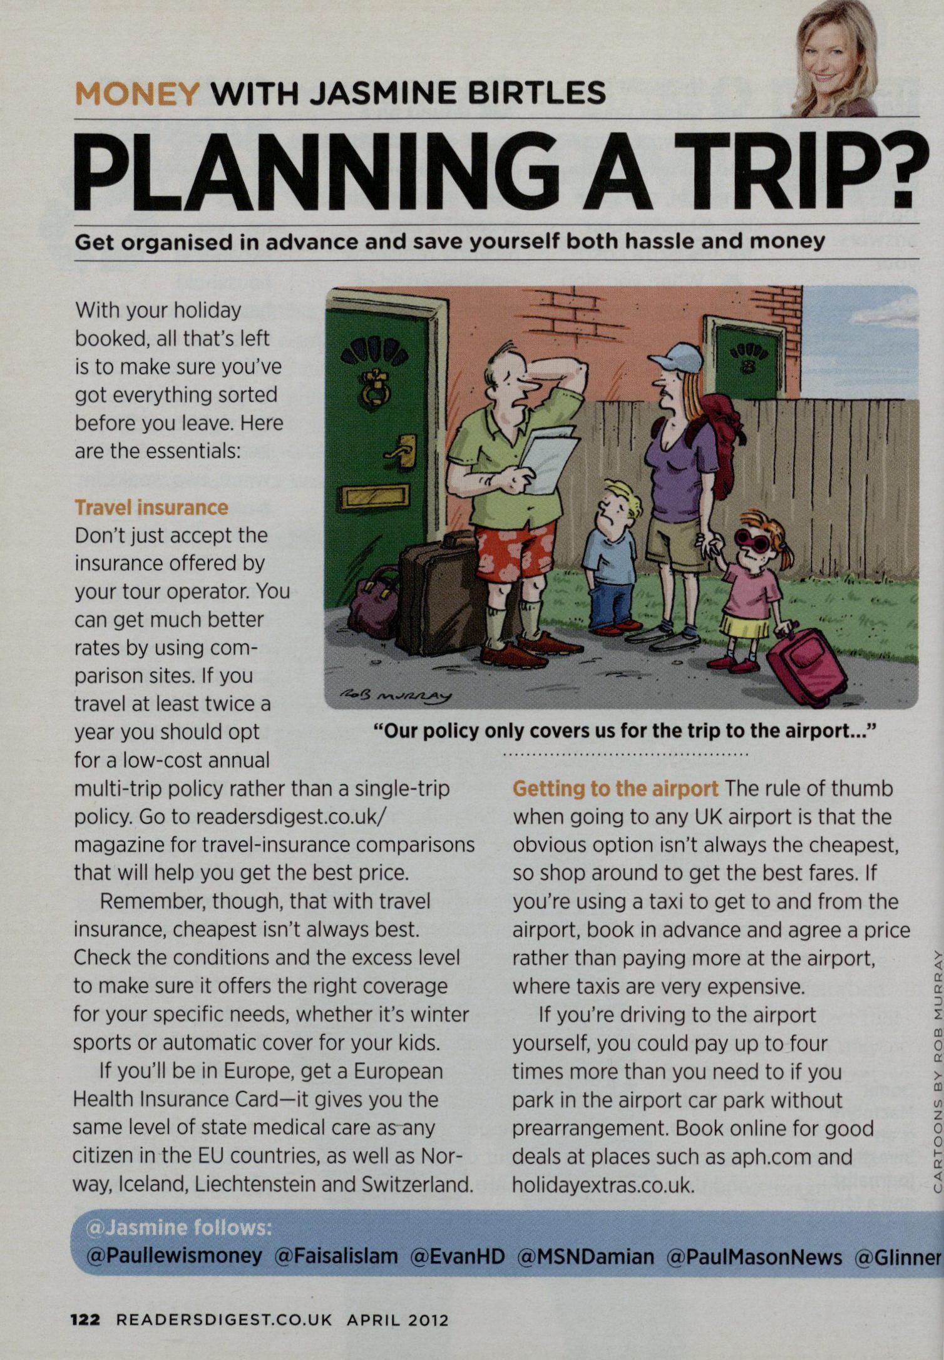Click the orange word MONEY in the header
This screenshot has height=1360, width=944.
coord(136,94)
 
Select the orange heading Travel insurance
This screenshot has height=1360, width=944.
coord(151,507)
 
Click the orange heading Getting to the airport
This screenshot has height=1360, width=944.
coord(615,789)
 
